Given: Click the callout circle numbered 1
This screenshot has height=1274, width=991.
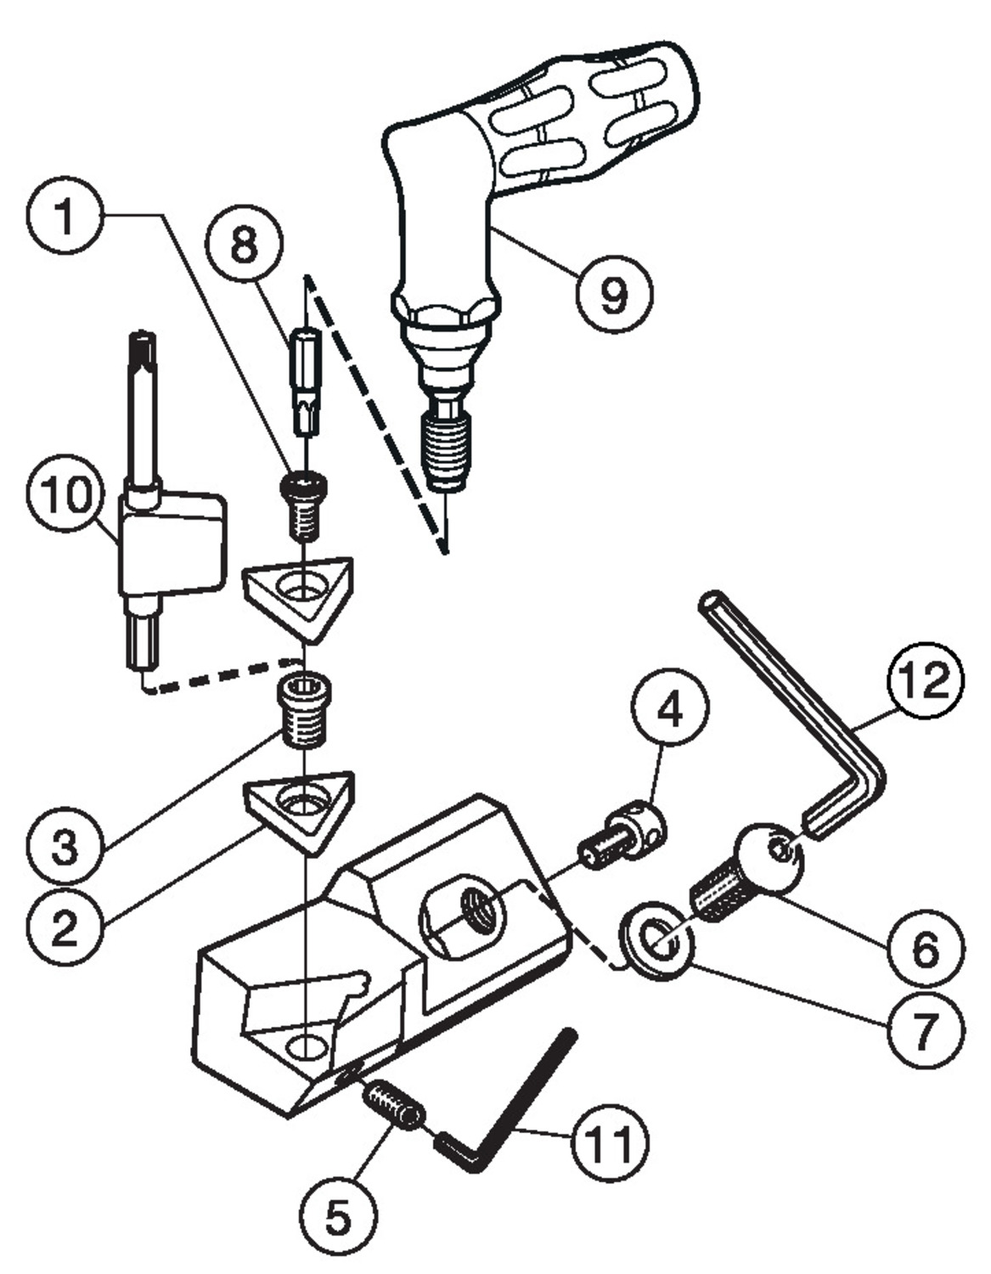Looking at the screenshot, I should click(x=65, y=216).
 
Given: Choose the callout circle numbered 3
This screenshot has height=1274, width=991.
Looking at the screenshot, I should click(x=65, y=847).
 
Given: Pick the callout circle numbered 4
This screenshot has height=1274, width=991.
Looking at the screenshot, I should click(x=670, y=708).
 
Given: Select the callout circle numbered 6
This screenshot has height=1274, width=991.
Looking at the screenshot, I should click(x=925, y=949).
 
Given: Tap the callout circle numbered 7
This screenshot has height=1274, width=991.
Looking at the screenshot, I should click(x=925, y=1029).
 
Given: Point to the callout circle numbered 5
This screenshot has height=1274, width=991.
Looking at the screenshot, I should click(x=338, y=1217).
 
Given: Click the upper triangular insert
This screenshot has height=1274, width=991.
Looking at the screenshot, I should click(x=298, y=595).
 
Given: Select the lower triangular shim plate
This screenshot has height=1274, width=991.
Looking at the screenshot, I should click(x=300, y=807).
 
